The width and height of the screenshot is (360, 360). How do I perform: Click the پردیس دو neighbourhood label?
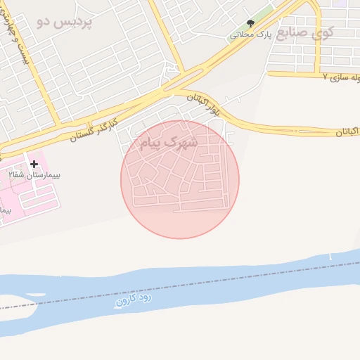point(64,21)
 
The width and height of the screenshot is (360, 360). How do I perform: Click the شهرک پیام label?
point(169,143)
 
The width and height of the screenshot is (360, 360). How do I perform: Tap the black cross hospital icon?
point(34,164)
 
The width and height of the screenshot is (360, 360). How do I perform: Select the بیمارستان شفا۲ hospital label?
point(35,174)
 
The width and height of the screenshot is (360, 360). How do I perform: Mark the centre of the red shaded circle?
point(180,179)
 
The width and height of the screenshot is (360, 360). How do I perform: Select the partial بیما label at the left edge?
point(6,210)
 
